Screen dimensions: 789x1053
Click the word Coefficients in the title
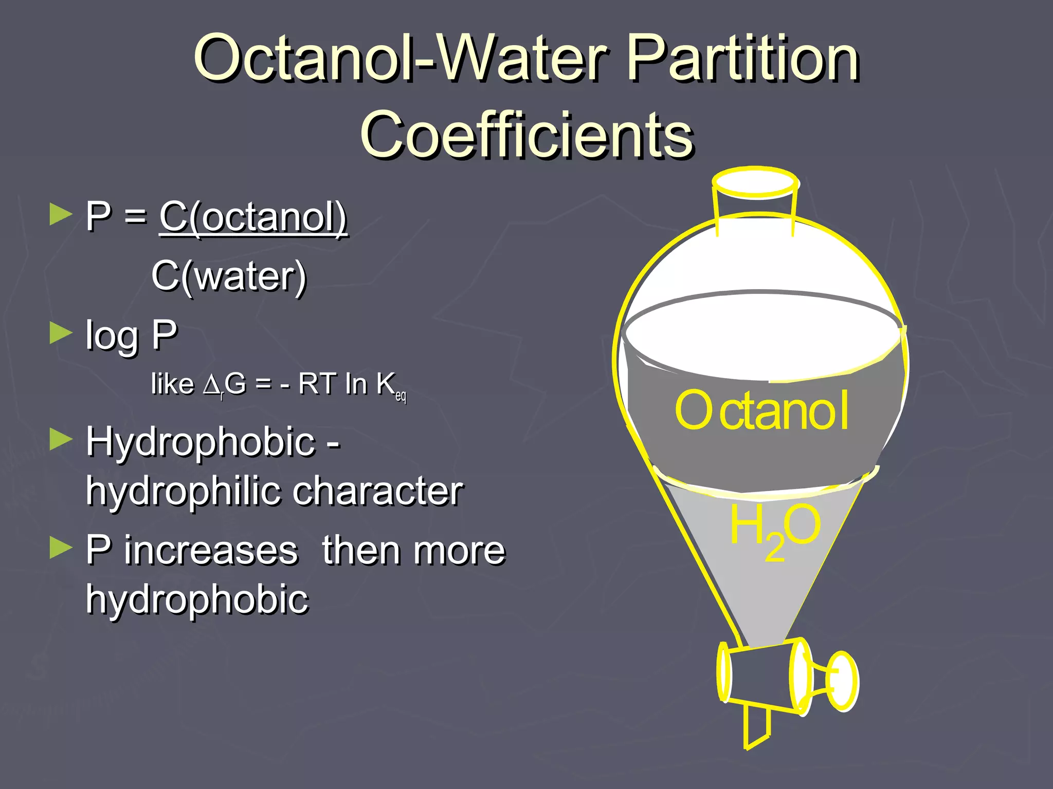coord(526,135)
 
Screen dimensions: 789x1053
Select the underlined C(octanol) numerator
coord(253,217)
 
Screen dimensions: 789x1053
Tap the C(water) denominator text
coord(229,276)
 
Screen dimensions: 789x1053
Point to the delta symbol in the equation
coord(211,385)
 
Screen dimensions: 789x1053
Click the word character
coord(378,491)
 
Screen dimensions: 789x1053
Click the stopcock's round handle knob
coord(842,681)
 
